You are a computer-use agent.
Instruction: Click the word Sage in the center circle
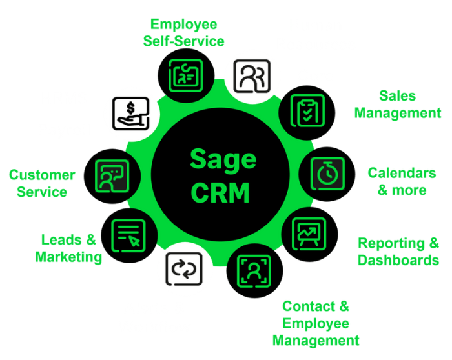[x=223, y=161]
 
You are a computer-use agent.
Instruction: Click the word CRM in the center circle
[x=220, y=193]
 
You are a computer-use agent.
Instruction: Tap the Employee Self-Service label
[x=183, y=32]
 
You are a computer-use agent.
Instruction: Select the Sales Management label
[x=398, y=105]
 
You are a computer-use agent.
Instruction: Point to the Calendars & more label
[x=402, y=181]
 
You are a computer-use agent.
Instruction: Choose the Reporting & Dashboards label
[x=398, y=252]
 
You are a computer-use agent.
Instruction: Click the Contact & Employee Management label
[x=316, y=323]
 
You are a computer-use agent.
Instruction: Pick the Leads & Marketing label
[x=68, y=248]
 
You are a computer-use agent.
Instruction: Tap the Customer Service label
[x=42, y=183]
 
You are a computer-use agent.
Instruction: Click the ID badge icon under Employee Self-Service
[x=186, y=75]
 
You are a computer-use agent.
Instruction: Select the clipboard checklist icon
[x=307, y=110]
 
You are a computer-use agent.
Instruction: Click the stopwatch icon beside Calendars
[x=327, y=174]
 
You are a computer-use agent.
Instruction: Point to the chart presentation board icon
[x=309, y=234]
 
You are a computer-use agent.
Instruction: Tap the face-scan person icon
[x=254, y=271]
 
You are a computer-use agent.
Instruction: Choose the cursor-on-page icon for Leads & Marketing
[x=128, y=235]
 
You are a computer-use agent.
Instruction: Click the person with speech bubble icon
[x=112, y=176]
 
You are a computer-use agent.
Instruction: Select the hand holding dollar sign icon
[x=131, y=114]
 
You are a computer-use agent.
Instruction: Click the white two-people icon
[x=252, y=76]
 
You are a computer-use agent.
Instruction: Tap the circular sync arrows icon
[x=184, y=269]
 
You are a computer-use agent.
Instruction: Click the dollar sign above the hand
[x=131, y=108]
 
